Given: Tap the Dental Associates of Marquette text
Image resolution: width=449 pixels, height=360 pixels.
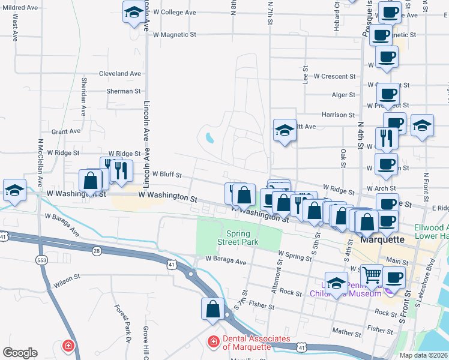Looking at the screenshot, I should (x=256, y=343).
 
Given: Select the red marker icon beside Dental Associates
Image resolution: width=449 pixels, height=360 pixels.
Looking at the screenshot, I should (x=212, y=342).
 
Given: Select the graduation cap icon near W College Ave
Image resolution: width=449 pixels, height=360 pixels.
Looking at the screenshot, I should (x=134, y=11).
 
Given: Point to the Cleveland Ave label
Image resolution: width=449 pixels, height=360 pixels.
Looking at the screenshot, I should (x=119, y=74).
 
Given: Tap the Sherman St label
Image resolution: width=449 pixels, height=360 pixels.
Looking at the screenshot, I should (x=123, y=91).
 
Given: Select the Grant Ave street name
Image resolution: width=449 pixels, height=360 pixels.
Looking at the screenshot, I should (x=66, y=131).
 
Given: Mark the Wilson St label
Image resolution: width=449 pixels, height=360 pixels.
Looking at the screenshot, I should (x=68, y=278).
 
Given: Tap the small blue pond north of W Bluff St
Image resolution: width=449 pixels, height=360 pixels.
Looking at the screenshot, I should (x=209, y=138).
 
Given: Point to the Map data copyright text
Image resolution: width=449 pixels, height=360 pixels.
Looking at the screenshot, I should (x=423, y=355).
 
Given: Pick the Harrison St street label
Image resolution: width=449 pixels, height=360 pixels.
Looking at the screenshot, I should (x=338, y=115).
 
